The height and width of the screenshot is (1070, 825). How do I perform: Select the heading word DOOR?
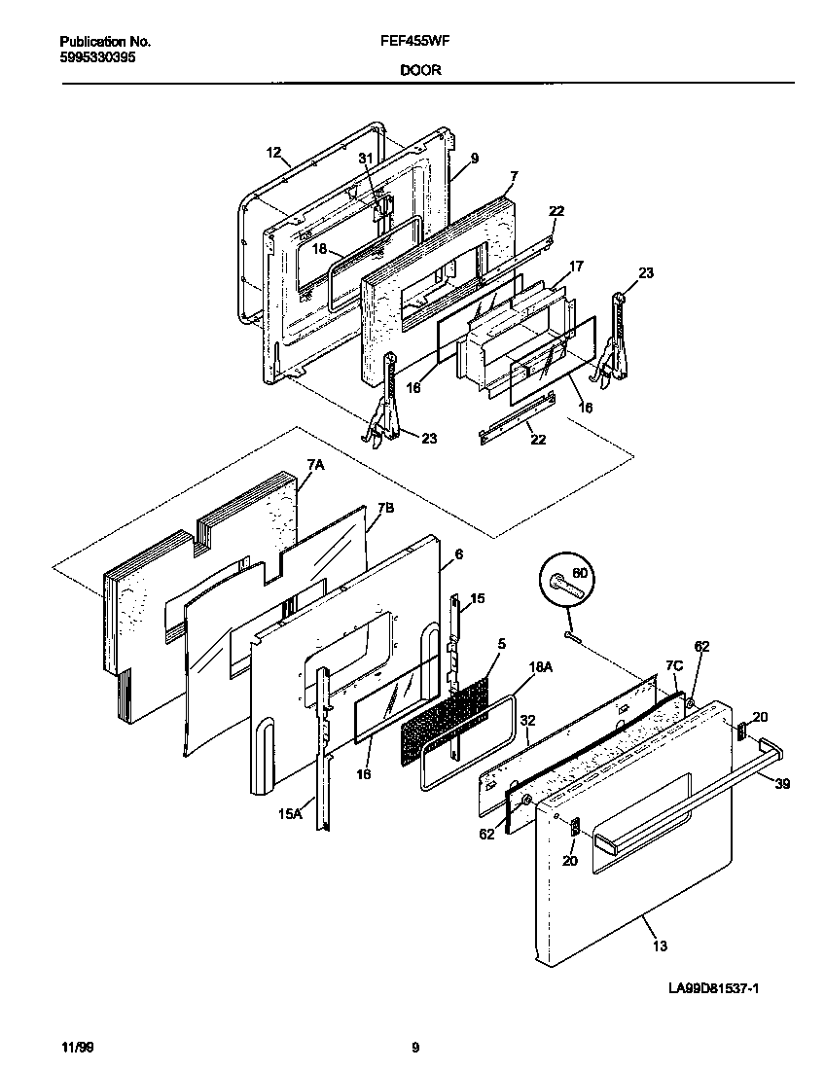click(420, 71)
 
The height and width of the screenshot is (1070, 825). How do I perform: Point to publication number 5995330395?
click(97, 57)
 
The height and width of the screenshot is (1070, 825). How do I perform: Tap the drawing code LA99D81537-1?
click(713, 988)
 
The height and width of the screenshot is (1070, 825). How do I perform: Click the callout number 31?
click(365, 158)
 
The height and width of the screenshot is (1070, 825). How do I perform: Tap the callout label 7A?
click(314, 466)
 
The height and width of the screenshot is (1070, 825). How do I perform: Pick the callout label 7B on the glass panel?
click(385, 509)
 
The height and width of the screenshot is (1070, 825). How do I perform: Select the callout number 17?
click(576, 266)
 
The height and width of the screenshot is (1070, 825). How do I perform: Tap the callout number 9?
click(474, 158)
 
